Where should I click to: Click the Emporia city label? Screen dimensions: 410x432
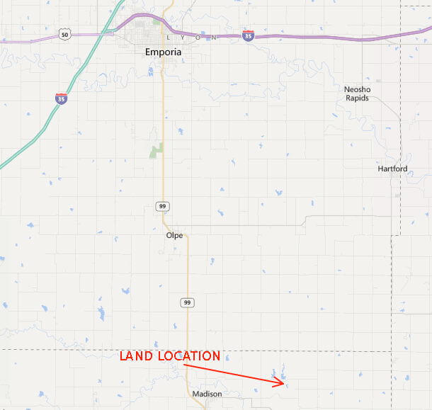163,52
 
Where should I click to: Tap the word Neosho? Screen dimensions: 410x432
358,89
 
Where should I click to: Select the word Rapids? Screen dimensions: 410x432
358,98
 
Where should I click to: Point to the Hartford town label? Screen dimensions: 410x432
393,169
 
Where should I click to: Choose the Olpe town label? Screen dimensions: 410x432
174,236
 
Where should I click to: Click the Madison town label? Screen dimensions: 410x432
207,394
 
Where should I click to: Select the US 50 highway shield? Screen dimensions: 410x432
64,33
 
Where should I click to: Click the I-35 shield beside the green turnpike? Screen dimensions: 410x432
62,99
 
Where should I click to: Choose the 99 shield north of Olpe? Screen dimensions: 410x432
162,205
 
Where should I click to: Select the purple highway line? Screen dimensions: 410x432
319,37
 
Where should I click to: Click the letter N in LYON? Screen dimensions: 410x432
214,37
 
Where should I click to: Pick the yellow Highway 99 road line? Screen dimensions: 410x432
164,127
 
